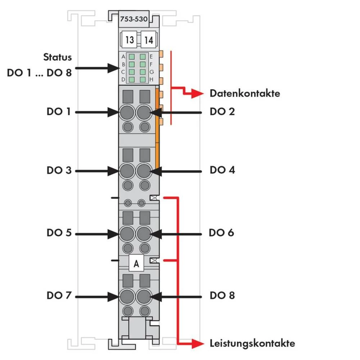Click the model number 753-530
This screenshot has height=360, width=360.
133,19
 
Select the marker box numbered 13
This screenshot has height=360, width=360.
130,40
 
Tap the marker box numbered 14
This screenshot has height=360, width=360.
149,40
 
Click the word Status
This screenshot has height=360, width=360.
58,57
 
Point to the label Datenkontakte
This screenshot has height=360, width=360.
245,94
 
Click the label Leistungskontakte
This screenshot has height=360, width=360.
252,343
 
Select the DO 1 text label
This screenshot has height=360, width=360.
59,112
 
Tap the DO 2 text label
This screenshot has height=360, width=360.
222,112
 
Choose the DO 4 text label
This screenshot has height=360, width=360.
222,170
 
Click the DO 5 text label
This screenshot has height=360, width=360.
59,233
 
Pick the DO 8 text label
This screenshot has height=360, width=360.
222,296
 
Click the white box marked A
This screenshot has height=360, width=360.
136,264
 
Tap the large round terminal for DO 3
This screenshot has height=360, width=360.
126,170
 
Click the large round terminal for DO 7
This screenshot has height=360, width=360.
126,296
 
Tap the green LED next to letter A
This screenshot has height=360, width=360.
132,57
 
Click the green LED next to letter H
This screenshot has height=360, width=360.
143,79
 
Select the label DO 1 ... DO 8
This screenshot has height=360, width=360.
40,73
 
